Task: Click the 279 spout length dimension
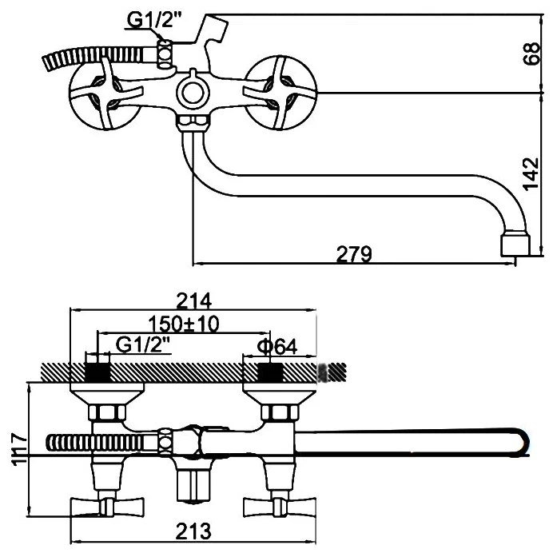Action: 354,254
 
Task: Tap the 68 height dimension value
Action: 531,54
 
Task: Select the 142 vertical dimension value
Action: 531,174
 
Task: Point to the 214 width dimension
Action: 193,300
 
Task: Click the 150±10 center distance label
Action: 184,324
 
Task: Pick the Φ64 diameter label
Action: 277,347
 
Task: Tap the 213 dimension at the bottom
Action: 193,531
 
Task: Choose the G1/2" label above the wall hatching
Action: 143,345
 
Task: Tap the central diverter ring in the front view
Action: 193,93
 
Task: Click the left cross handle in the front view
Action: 105,93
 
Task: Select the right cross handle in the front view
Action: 280,93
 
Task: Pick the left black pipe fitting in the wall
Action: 98,372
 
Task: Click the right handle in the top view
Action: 280,507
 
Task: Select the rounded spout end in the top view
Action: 521,443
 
